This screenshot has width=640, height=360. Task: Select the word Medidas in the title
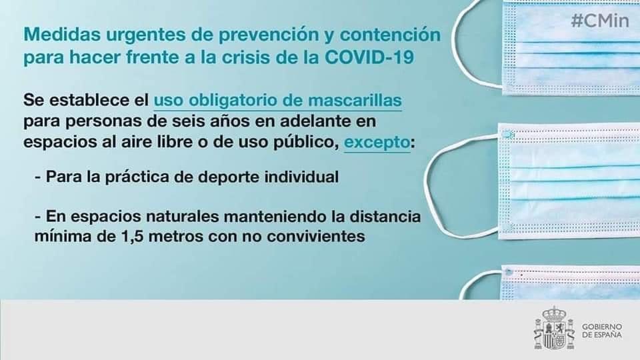tap(56, 33)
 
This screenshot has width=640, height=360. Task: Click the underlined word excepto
tap(376, 143)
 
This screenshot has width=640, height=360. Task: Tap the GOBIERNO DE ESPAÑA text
tap(601, 331)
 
